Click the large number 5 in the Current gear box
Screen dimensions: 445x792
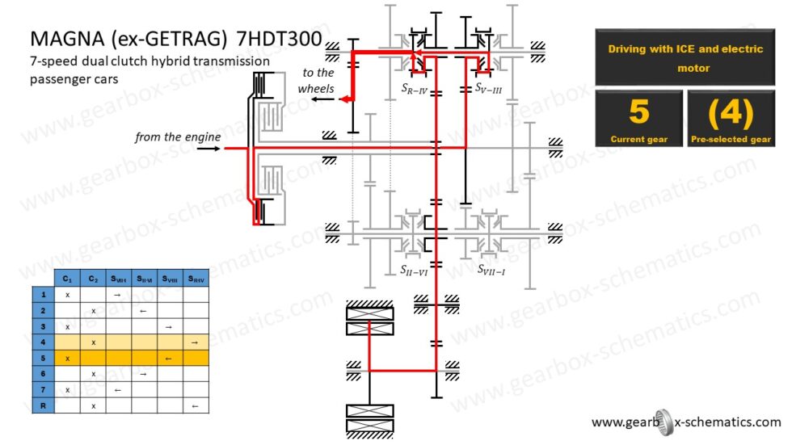pyautogui.click(x=638, y=112)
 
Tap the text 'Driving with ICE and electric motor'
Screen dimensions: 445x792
pyautogui.click(x=685, y=58)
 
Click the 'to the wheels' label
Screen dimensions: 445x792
pyautogui.click(x=316, y=80)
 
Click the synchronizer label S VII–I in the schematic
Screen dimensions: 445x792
pyautogui.click(x=491, y=268)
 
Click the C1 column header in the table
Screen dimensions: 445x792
pyautogui.click(x=67, y=279)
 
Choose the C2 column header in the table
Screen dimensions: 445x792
pyautogui.click(x=94, y=279)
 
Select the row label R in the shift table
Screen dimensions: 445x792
pyautogui.click(x=42, y=405)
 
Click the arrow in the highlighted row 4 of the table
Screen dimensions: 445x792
pyautogui.click(x=195, y=342)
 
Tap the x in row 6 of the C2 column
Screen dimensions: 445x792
pyautogui.click(x=94, y=374)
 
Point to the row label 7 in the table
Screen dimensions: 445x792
pyautogui.click(x=42, y=389)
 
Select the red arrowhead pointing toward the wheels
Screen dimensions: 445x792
pyautogui.click(x=343, y=99)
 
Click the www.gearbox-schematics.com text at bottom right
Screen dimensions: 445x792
pyautogui.click(x=686, y=422)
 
